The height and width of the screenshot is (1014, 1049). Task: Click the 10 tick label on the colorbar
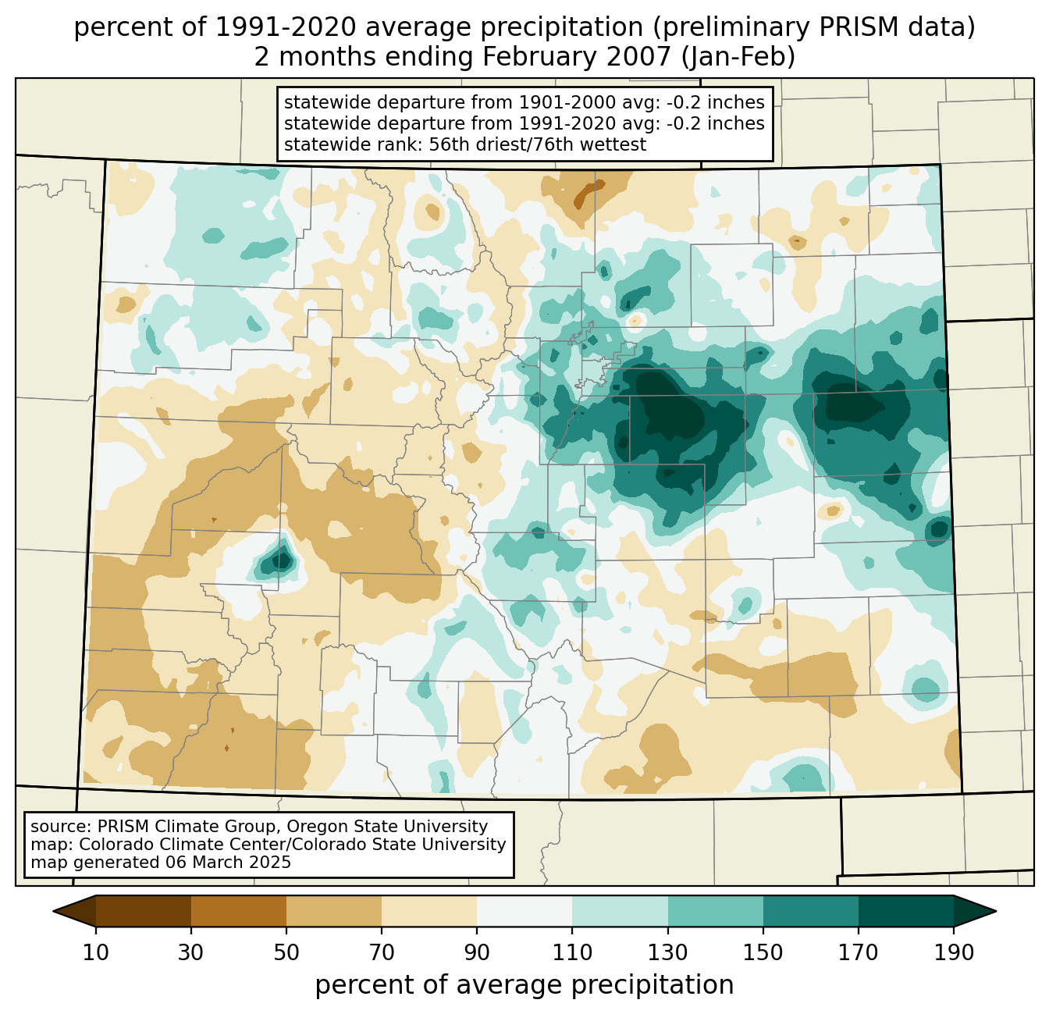96,952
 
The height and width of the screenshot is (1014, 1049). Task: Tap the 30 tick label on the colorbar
191,952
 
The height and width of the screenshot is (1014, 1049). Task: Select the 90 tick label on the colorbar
477,952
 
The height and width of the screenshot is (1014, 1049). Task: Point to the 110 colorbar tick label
572,952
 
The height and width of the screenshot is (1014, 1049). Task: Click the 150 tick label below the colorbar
763,952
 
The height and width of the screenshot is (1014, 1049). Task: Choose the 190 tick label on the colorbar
953,952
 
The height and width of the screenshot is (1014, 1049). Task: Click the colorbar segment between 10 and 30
144,911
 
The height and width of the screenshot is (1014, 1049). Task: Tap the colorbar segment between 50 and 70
334,911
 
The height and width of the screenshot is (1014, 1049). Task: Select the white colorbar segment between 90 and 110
524,911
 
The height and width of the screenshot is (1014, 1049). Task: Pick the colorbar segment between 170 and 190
905,911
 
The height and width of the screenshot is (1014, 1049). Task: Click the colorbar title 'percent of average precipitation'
524,984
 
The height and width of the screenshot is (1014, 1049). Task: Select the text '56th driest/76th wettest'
538,144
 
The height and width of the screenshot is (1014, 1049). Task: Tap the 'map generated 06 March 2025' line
161,863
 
